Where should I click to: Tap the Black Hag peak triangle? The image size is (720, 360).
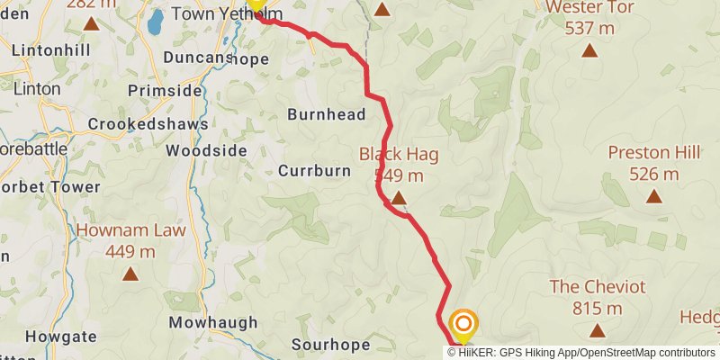pos(398,195)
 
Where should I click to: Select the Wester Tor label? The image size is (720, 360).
pos(590,7)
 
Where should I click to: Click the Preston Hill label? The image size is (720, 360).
pos(654,152)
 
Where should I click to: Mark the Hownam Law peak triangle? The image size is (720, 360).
pos(130,273)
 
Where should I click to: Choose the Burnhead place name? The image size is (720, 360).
pos(327,114)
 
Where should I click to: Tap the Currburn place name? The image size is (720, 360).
pos(314,170)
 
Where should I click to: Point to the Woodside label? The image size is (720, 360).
pos(207,150)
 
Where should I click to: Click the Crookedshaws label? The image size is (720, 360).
pos(162,123)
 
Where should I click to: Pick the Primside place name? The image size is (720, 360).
pos(165,90)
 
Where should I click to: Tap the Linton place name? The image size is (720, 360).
pos(36,89)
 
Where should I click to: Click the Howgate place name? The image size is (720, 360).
pos(61,337)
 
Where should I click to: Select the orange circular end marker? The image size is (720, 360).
pos(463,323)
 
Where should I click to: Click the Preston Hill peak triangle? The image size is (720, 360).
pos(654,195)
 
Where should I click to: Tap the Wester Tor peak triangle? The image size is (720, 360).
pos(589,49)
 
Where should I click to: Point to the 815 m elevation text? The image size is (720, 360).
pos(598,308)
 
